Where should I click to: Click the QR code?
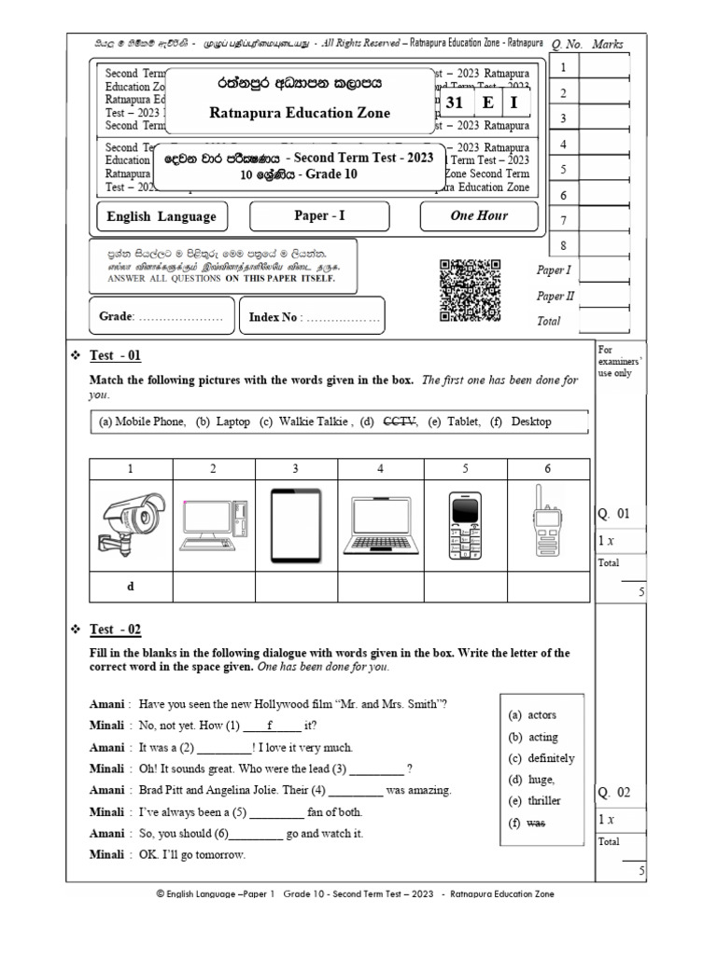coord(469,290)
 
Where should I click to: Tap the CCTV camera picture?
coord(131,523)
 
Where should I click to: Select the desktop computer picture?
coord(214,524)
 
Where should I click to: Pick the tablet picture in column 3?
coord(296,524)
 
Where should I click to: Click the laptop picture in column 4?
coord(379,524)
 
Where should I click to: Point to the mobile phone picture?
coord(464,524)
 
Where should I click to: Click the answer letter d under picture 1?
coord(131,588)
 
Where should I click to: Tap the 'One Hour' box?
coord(480,215)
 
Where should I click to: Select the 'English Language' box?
coord(162,216)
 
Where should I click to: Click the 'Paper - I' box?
coord(319,215)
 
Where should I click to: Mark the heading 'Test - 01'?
coord(115,355)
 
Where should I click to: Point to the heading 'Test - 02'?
coord(115,630)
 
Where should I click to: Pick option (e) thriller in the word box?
coord(535,801)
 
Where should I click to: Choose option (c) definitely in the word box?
coord(541,758)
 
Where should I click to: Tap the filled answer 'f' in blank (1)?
coord(269,725)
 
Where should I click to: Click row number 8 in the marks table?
coord(563,245)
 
